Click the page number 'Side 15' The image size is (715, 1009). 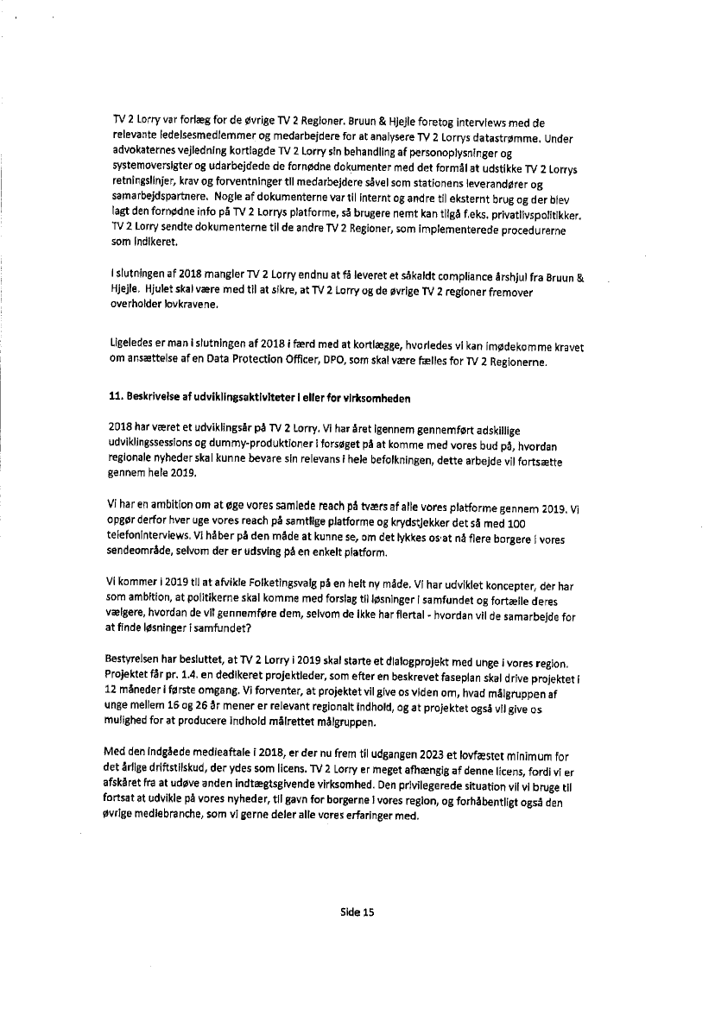pyautogui.click(x=357, y=911)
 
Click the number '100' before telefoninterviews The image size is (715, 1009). pyautogui.click(x=516, y=524)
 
